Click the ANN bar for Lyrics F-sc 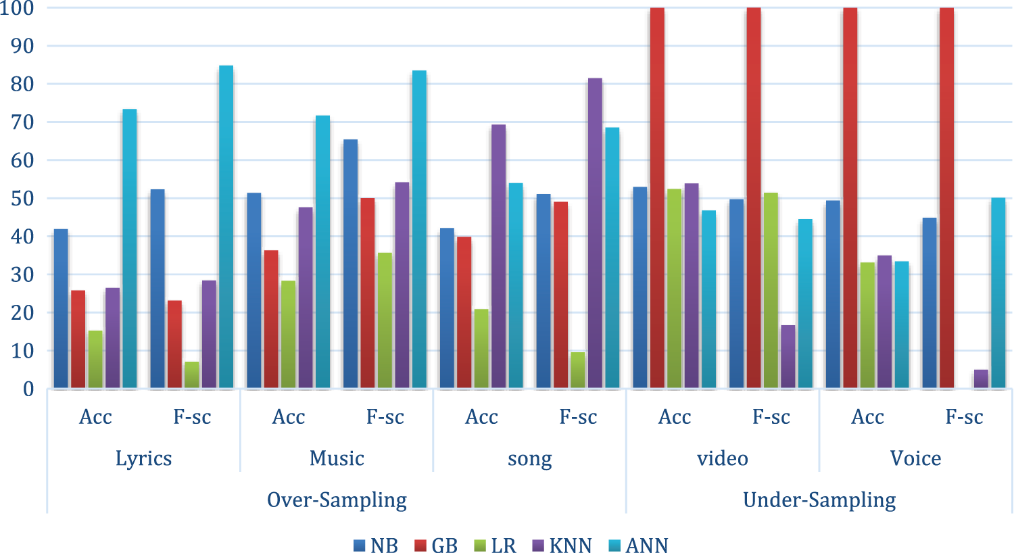click(x=226, y=226)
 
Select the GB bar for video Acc click(x=657, y=198)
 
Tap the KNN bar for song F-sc click(x=595, y=233)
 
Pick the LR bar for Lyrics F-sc click(x=192, y=375)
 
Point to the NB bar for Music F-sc click(x=350, y=264)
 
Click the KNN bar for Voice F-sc click(x=981, y=379)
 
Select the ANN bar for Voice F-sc click(x=998, y=293)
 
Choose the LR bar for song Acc click(x=481, y=349)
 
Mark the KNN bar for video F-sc click(x=788, y=357)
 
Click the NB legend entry click(x=376, y=546)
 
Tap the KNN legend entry click(x=562, y=546)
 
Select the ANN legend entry click(x=639, y=546)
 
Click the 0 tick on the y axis click(x=28, y=389)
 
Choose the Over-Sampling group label click(x=337, y=500)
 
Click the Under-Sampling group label click(x=819, y=500)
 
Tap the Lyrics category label click(x=143, y=458)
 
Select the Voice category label click(x=915, y=458)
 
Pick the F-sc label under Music click(x=385, y=417)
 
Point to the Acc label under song click(x=481, y=417)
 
